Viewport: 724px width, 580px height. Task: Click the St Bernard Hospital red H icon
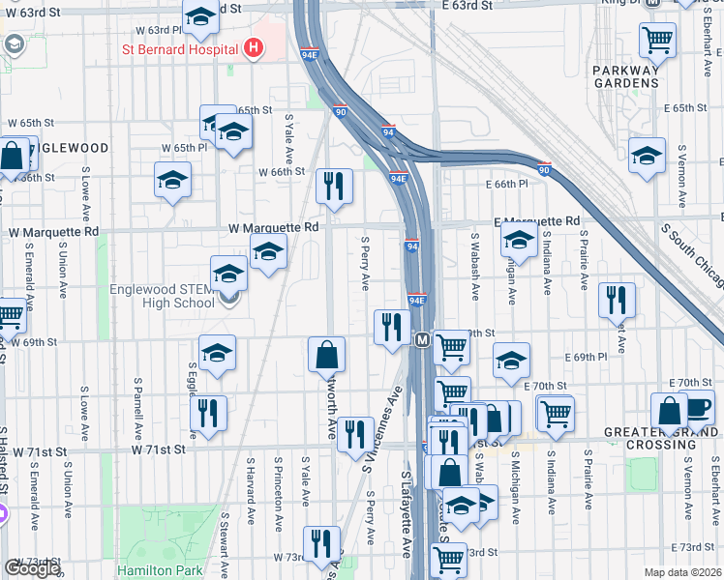(x=254, y=47)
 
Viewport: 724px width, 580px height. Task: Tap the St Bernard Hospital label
(x=179, y=48)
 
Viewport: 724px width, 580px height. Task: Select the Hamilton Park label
(x=157, y=570)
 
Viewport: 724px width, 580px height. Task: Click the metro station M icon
(x=422, y=340)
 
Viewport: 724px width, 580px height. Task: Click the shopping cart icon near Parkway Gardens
(x=657, y=40)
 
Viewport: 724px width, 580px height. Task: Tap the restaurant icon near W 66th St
(x=334, y=186)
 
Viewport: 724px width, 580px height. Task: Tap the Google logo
(x=32, y=567)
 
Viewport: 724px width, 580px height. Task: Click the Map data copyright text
(x=683, y=572)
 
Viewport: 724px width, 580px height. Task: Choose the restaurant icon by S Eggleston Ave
(x=208, y=413)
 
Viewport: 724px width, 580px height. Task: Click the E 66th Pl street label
(x=509, y=183)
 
